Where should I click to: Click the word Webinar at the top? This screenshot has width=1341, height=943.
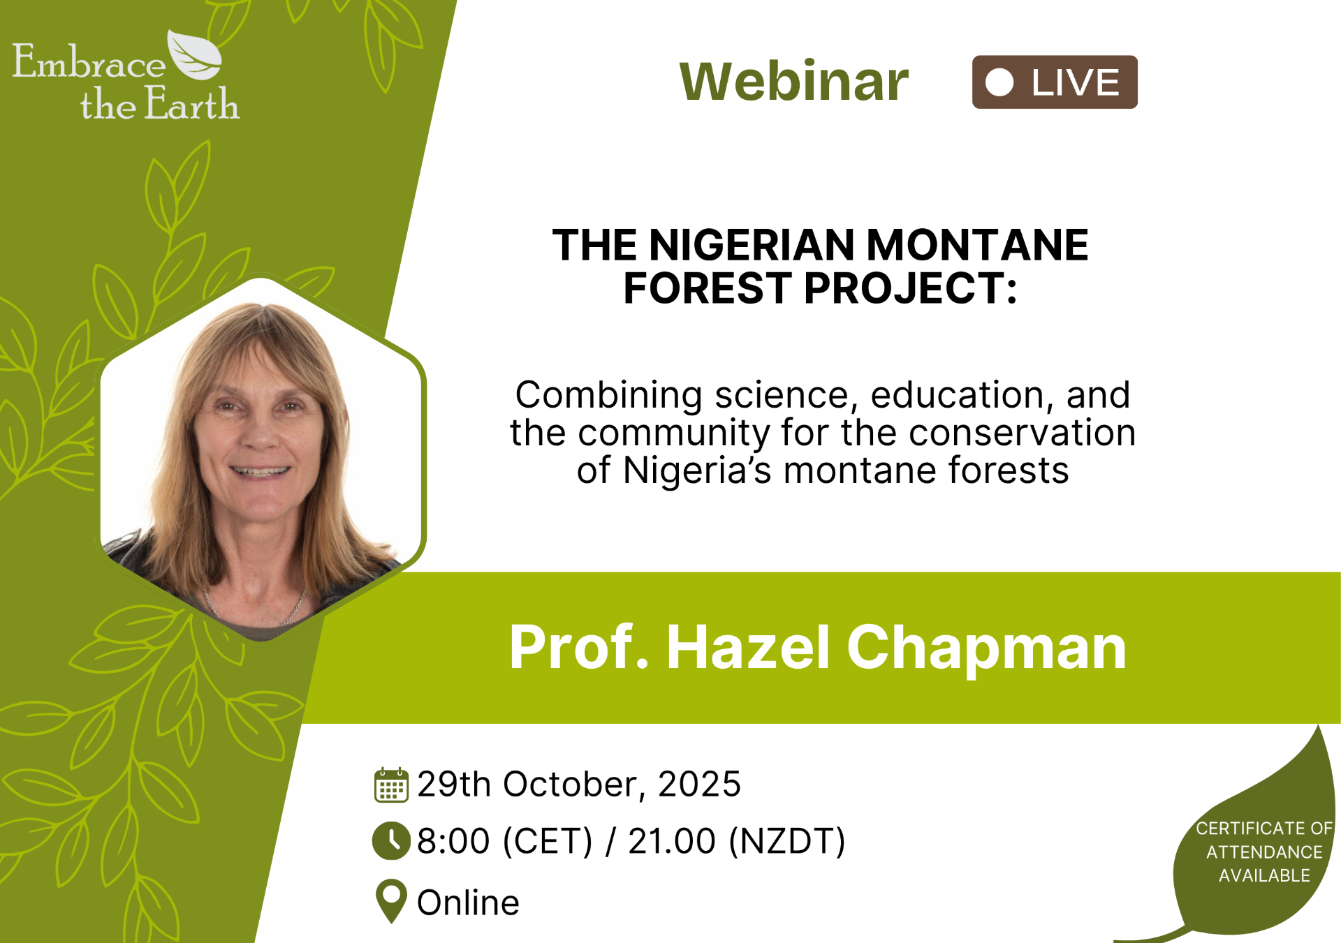[794, 81]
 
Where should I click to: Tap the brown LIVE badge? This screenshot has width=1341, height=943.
[1055, 82]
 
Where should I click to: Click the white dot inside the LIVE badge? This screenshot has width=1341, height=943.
[999, 82]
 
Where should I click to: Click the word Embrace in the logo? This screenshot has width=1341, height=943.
[89, 61]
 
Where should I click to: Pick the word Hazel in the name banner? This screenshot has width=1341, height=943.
[748, 647]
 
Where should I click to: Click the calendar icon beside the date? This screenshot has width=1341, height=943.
[391, 785]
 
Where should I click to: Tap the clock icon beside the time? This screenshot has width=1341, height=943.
[391, 840]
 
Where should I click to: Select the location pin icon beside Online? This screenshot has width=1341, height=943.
[391, 900]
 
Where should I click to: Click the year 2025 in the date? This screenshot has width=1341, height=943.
[699, 785]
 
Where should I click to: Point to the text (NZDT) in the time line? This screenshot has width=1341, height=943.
[787, 841]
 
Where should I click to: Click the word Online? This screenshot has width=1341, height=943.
[468, 903]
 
